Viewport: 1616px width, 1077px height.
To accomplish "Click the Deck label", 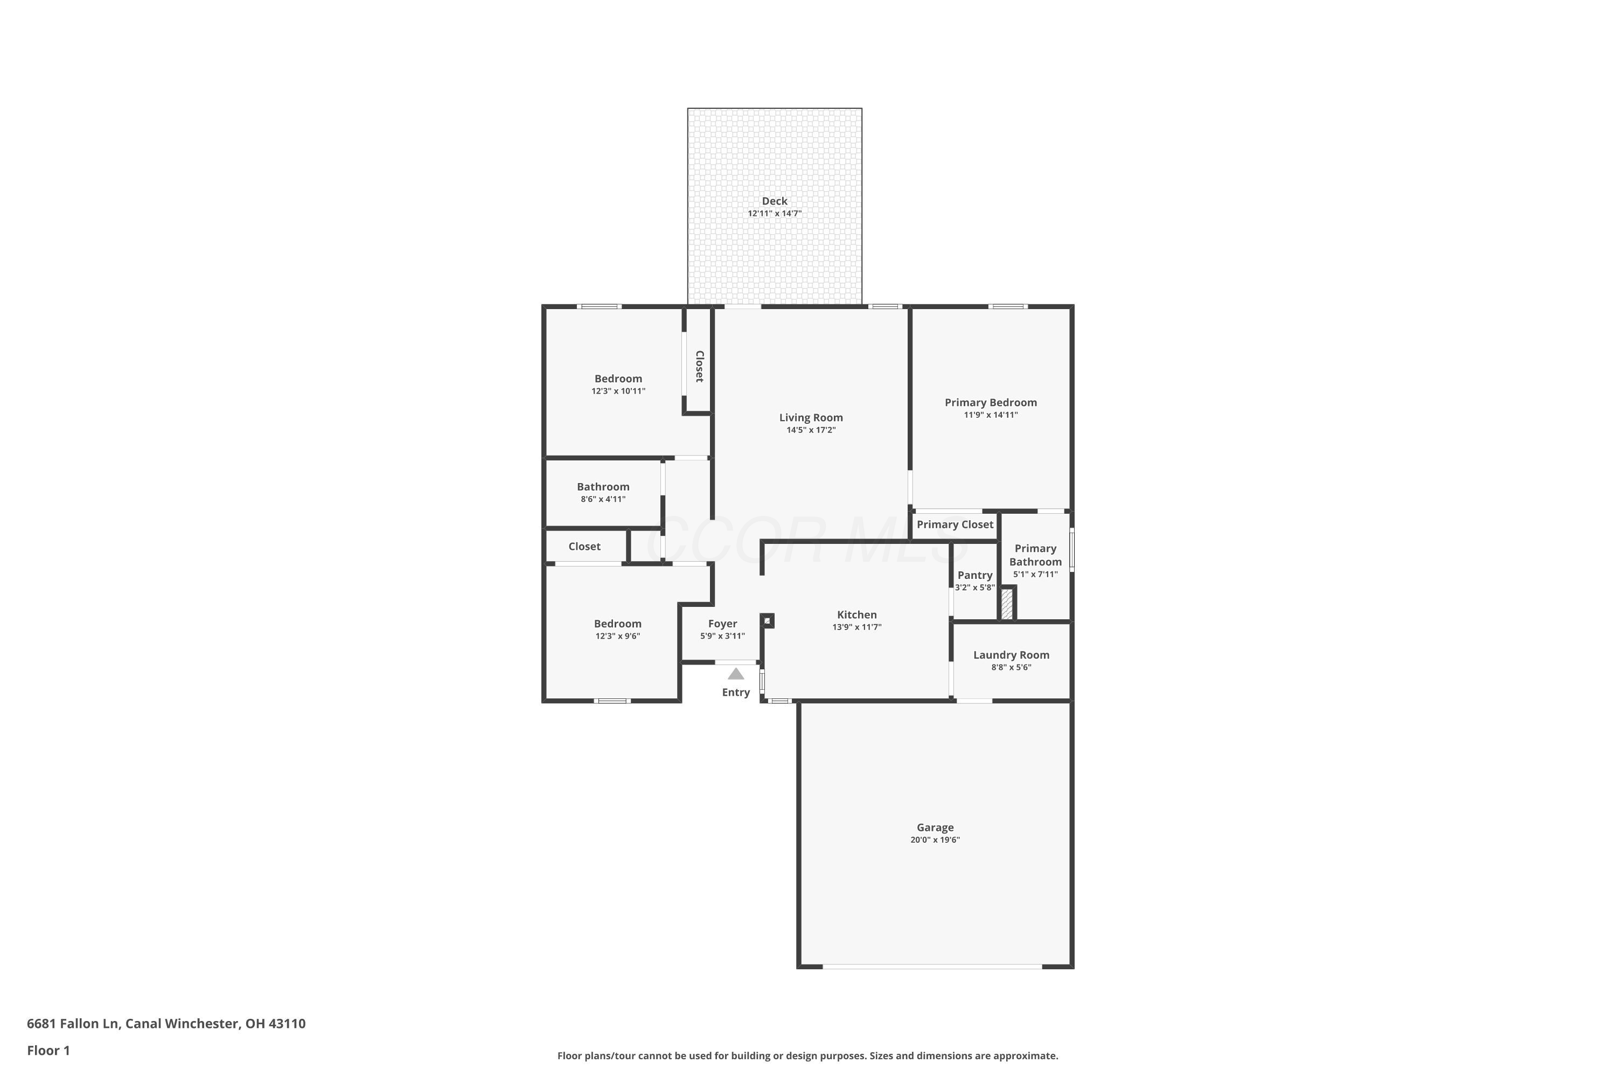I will (x=775, y=201).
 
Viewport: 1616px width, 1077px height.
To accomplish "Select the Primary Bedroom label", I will (x=990, y=402).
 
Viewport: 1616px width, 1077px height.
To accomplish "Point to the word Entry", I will (x=736, y=693).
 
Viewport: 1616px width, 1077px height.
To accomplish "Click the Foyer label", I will (x=722, y=624).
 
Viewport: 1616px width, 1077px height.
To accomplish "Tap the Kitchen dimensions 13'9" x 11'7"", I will (x=857, y=627).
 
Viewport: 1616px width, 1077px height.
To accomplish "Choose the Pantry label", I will (x=974, y=576).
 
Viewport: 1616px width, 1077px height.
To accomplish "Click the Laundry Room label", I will (x=1011, y=655).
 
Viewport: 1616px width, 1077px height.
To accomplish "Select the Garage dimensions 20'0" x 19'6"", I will (x=935, y=840).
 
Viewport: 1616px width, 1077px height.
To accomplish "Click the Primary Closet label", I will (x=955, y=524).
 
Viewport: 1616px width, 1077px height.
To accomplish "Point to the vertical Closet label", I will (x=699, y=367).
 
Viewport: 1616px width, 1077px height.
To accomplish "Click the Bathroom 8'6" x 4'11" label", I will (x=603, y=487).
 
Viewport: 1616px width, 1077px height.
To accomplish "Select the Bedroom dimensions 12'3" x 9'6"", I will (x=618, y=637).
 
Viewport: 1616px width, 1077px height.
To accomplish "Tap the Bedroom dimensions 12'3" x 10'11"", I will (x=618, y=391).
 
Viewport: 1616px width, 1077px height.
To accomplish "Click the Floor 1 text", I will (x=48, y=1050).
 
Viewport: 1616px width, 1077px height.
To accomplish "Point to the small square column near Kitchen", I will (x=768, y=621).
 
